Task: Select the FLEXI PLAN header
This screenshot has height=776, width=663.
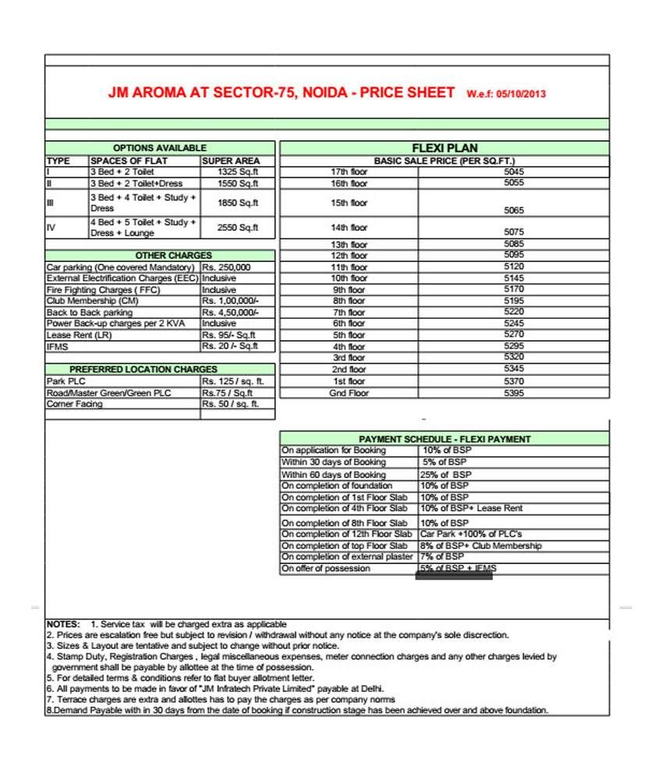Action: (x=444, y=148)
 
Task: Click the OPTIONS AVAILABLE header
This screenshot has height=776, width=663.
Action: (x=160, y=148)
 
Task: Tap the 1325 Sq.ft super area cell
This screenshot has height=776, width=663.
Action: (x=238, y=172)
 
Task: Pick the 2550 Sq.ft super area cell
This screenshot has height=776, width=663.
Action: (x=238, y=228)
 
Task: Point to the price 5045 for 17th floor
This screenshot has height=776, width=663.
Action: (x=514, y=172)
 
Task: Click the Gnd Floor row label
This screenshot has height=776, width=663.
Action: (x=349, y=393)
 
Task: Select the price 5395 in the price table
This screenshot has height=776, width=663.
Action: (x=514, y=393)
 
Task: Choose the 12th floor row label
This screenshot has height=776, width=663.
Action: (x=349, y=256)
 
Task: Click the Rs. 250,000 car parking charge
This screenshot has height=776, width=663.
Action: (x=226, y=268)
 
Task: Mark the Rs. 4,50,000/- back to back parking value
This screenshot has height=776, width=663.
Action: (x=229, y=313)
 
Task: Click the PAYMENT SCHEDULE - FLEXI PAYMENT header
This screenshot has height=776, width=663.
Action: (x=445, y=439)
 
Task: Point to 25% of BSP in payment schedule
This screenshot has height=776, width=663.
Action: (x=446, y=474)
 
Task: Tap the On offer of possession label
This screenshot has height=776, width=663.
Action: (x=327, y=569)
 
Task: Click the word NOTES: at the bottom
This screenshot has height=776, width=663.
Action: (x=63, y=625)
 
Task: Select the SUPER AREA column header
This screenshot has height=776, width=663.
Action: (x=231, y=161)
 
